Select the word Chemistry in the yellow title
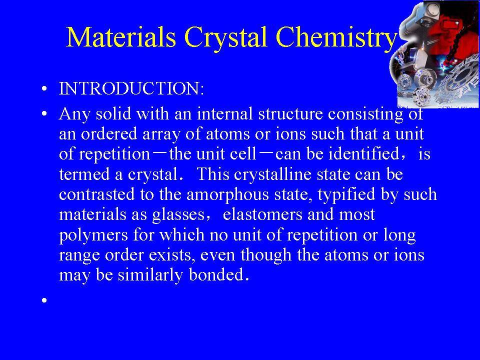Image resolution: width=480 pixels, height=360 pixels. tap(336, 37)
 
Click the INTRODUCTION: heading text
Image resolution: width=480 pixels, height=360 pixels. tap(131, 88)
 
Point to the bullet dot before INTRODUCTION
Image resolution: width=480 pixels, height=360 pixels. tap(44, 89)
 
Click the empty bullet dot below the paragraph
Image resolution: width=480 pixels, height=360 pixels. tap(44, 300)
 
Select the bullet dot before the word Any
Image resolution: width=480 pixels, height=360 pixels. tap(44, 114)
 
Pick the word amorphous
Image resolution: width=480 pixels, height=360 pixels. tap(227, 195)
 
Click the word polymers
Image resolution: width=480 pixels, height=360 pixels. tap(93, 235)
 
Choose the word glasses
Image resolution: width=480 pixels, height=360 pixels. tap(178, 215)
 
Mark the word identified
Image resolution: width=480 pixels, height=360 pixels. tap(363, 153)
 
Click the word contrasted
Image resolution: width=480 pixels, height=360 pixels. tap(96, 194)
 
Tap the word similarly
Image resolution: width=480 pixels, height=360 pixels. tap(150, 275)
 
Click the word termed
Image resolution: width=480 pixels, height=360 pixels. tap(84, 174)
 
